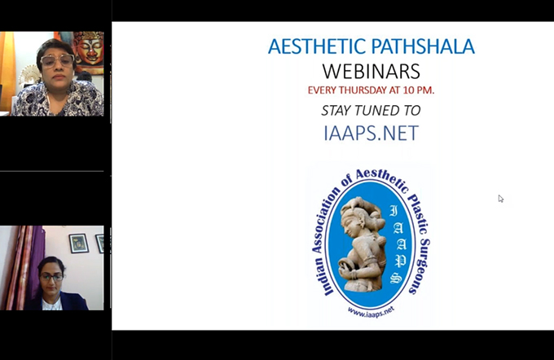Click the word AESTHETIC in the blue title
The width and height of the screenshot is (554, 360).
point(317,46)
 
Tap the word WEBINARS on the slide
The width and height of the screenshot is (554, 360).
point(371,71)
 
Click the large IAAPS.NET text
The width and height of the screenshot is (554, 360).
point(371,133)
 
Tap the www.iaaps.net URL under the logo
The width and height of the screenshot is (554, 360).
point(371,311)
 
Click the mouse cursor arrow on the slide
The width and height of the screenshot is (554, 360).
point(501,199)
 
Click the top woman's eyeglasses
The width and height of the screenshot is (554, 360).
point(57,61)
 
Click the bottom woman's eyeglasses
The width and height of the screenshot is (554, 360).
point(51,277)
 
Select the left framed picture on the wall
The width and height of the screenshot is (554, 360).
point(78,243)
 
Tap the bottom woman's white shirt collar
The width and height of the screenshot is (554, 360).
point(52,303)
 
